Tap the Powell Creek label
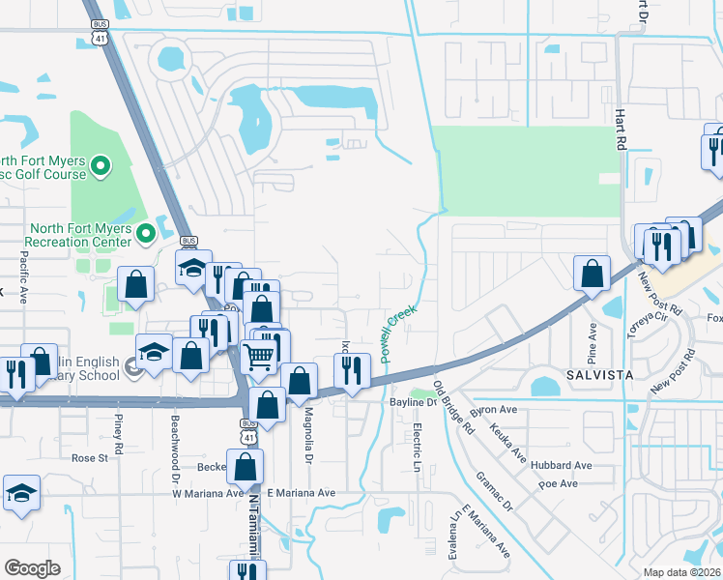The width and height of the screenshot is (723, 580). (397, 334)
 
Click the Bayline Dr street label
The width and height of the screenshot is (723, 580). (414, 401)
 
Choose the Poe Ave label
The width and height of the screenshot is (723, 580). (558, 483)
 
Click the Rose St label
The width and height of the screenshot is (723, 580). (89, 458)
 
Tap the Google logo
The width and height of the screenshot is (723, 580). (33, 568)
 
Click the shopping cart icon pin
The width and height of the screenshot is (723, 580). (258, 355)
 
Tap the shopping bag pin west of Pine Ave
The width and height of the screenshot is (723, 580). (591, 273)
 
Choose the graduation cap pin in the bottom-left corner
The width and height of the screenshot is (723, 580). (21, 493)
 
